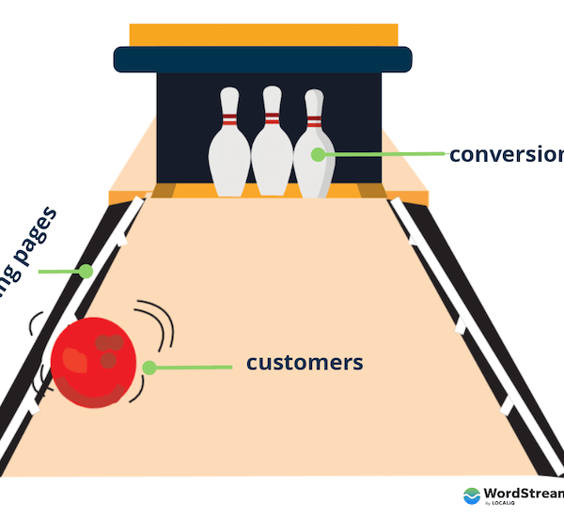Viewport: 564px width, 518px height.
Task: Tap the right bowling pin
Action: pyautogui.click(x=313, y=155)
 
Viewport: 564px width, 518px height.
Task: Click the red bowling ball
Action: pyautogui.click(x=93, y=363)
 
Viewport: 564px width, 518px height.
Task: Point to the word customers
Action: pyautogui.click(x=304, y=362)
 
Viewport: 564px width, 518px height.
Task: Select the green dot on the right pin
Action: pyautogui.click(x=318, y=153)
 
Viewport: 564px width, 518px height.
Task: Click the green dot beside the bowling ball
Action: pyautogui.click(x=149, y=367)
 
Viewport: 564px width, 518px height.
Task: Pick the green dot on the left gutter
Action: pyautogui.click(x=86, y=272)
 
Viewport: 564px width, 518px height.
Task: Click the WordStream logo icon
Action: pyautogui.click(x=472, y=495)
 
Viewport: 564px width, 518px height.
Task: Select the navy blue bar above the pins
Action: pyautogui.click(x=262, y=59)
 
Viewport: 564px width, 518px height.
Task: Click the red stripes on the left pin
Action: pyautogui.click(x=228, y=120)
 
